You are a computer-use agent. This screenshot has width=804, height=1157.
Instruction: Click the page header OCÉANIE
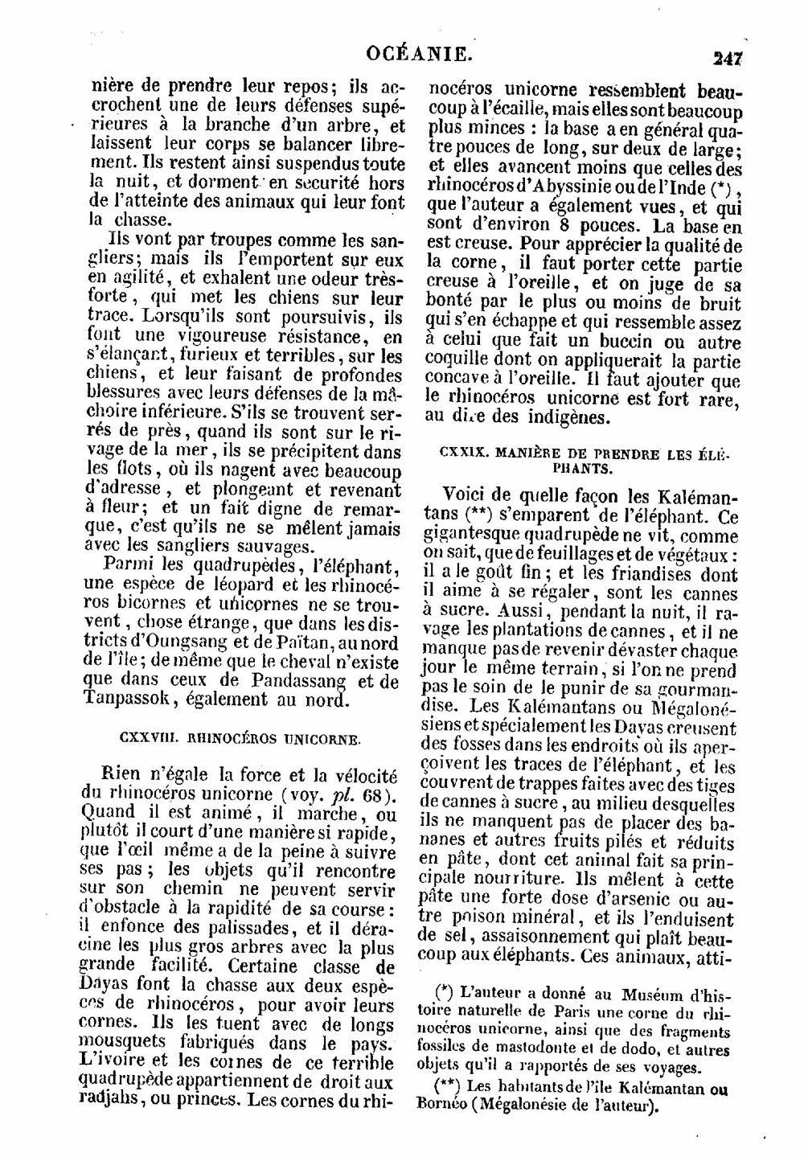(417, 54)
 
